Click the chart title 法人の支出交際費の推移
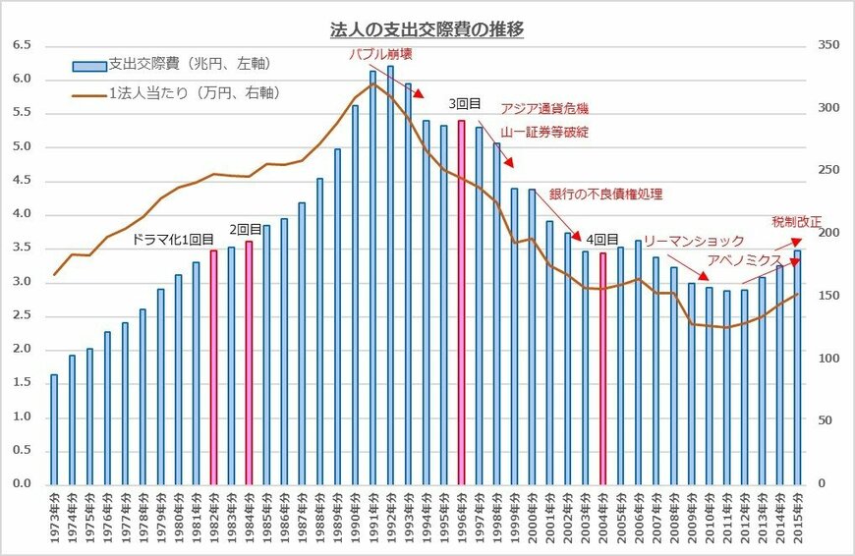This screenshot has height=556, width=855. tap(426, 29)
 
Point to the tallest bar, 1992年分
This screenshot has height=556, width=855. tap(390, 275)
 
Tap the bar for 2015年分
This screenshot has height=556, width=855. tap(797, 367)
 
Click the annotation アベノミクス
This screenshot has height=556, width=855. tap(744, 259)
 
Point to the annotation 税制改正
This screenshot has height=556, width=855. tap(796, 222)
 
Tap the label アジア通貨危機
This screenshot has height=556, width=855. tap(544, 109)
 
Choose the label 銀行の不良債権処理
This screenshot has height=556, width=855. tap(605, 195)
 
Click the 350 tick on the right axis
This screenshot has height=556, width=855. tap(827, 45)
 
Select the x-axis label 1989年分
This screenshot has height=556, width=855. tap(337, 521)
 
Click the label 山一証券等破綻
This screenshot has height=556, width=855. tap(544, 132)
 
